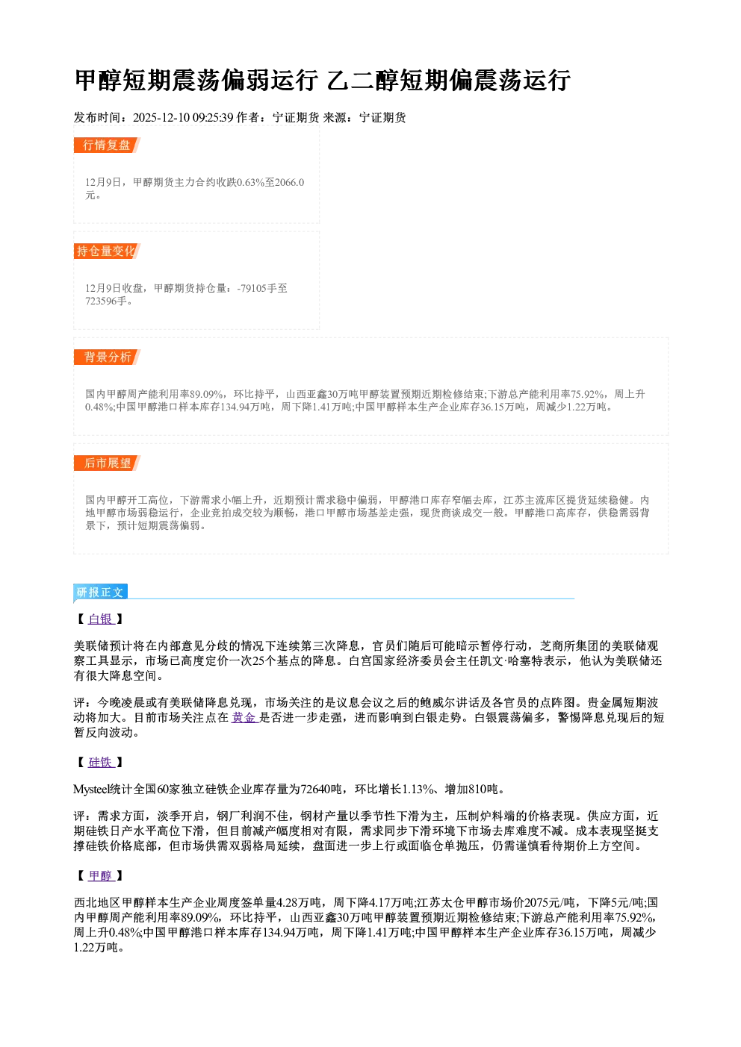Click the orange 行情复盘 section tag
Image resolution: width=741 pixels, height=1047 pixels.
pyautogui.click(x=107, y=145)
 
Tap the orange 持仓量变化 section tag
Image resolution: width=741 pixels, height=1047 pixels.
pyautogui.click(x=107, y=251)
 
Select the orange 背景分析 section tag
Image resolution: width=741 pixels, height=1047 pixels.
pyautogui.click(x=107, y=357)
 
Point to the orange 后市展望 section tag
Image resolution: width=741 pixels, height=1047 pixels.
pyautogui.click(x=107, y=463)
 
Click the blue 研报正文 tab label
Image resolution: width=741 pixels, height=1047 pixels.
pyautogui.click(x=100, y=593)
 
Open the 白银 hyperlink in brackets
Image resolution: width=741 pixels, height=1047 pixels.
pyautogui.click(x=101, y=619)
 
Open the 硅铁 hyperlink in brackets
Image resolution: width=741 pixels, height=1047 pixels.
pyautogui.click(x=101, y=762)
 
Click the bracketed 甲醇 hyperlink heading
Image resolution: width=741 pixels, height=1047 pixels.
pyautogui.click(x=101, y=875)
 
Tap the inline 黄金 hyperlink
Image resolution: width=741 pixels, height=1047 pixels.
pyautogui.click(x=244, y=717)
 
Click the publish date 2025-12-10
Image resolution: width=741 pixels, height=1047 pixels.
pyautogui.click(x=161, y=117)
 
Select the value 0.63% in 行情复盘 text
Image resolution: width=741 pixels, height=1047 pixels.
pyautogui.click(x=251, y=182)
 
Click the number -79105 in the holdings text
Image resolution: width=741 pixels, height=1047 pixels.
pyautogui.click(x=252, y=288)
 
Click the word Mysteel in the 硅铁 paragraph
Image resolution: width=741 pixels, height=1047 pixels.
pyautogui.click(x=90, y=789)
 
